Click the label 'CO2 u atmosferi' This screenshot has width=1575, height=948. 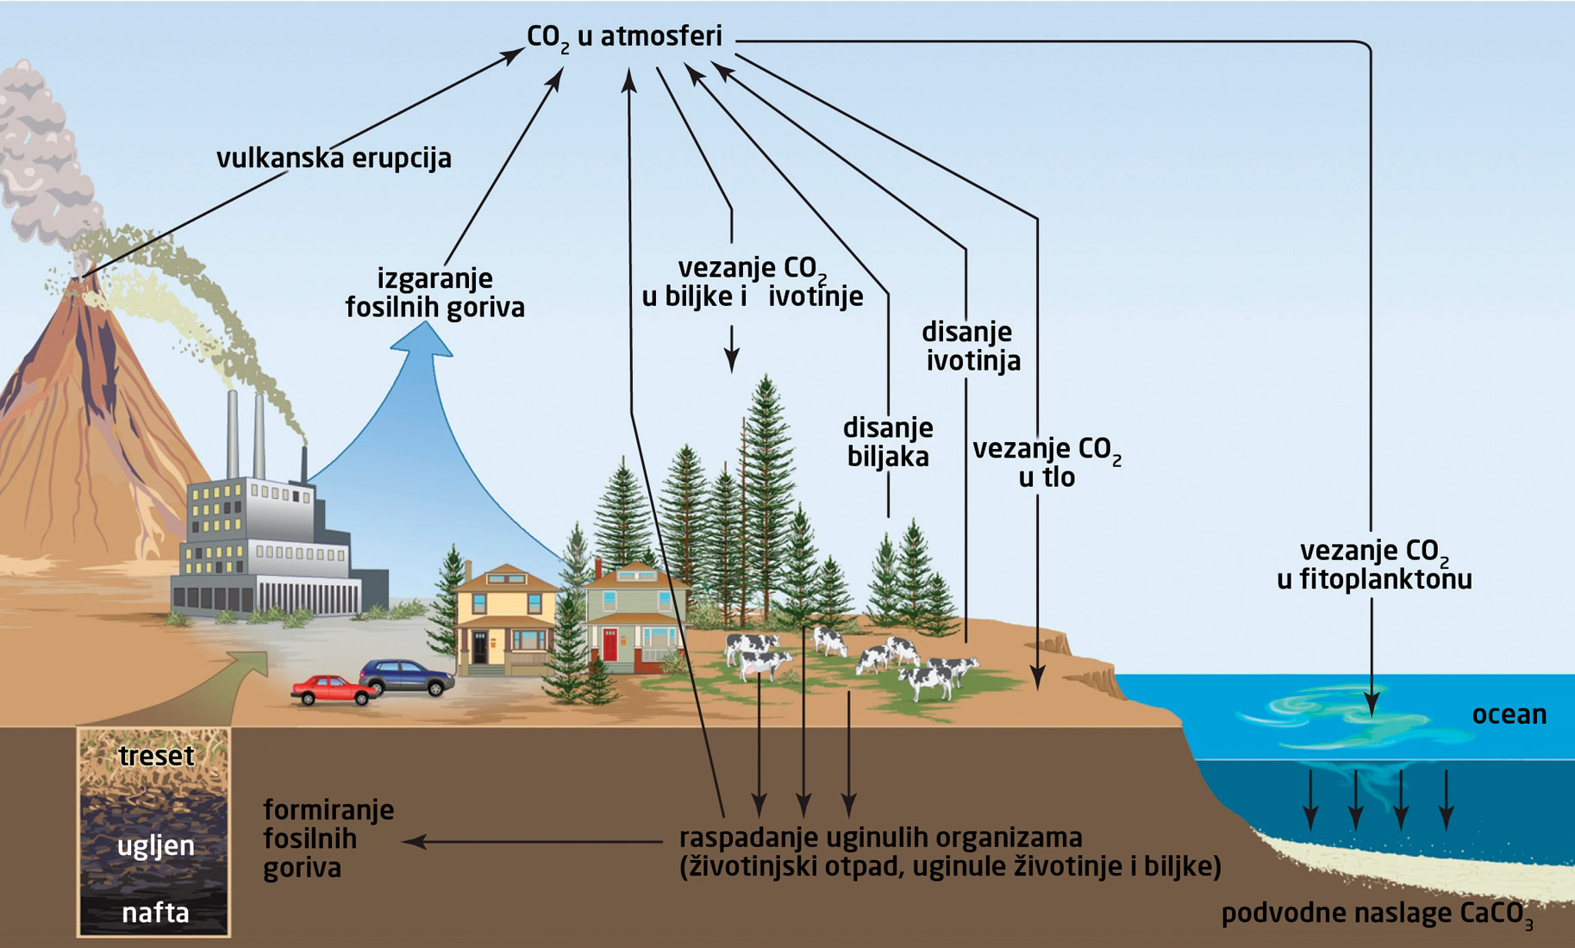tap(624, 37)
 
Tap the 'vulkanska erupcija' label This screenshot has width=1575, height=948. tap(334, 159)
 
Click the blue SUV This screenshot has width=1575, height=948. tap(407, 677)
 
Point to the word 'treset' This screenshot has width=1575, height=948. tap(156, 756)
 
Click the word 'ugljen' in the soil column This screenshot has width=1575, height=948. tap(156, 845)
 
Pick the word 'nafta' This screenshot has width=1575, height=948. tap(156, 913)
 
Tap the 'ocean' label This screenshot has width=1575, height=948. tap(1509, 714)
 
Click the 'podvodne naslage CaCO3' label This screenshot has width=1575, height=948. tap(1377, 914)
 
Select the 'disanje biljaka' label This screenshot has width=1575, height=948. tap(888, 442)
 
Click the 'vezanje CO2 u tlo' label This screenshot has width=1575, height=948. tap(1047, 463)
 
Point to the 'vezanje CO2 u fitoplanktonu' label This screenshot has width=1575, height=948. tap(1374, 564)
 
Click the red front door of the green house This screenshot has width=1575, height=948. tap(610, 646)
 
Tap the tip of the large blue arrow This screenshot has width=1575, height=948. tap(422, 333)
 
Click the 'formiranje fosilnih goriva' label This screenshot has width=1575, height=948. tap(328, 839)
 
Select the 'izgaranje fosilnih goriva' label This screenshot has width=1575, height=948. tap(435, 293)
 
